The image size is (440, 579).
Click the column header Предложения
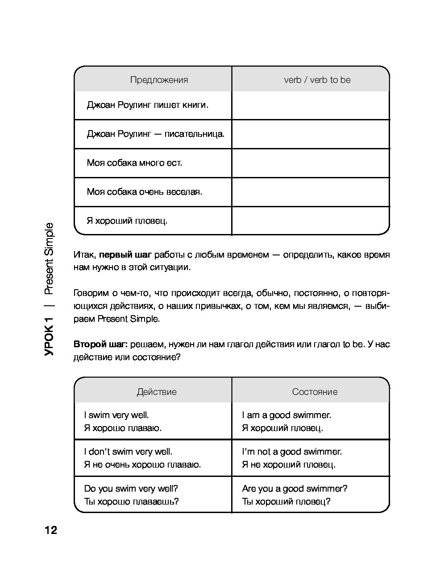point(159,80)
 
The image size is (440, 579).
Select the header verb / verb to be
point(317,80)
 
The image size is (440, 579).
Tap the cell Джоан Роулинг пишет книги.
point(148,105)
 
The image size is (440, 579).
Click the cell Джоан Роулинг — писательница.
point(156,134)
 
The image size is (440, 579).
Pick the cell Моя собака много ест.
point(134,163)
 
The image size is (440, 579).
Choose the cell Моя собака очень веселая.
point(145,192)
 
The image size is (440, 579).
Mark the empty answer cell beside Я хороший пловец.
point(311,221)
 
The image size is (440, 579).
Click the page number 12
point(50,530)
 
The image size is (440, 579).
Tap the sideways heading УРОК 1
point(49,336)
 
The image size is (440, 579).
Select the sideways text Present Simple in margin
point(49,259)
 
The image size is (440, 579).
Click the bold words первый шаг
point(125,255)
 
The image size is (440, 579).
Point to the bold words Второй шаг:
point(101,345)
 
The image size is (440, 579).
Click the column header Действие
point(157,392)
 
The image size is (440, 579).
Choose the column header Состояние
point(315,392)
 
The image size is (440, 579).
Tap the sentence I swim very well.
point(116,415)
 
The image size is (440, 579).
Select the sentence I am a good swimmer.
point(286,415)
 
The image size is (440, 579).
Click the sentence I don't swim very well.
point(128,452)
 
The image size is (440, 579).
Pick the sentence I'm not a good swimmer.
point(292,452)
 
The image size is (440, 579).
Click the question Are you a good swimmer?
point(295,489)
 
